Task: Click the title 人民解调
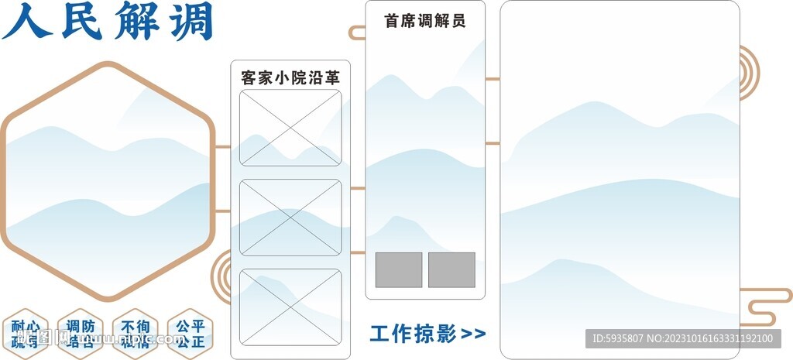pos(108,22)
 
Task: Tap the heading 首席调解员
pos(425,21)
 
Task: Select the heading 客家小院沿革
pos(290,77)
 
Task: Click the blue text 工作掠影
pos(412,334)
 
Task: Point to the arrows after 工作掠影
pos(473,334)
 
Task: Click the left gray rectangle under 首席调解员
pos(399,269)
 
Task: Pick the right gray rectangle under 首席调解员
pos(451,269)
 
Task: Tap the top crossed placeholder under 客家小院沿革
pos(290,128)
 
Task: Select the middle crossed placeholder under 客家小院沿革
pos(290,218)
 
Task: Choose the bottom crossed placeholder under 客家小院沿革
pos(290,307)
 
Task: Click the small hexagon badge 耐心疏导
pos(26,334)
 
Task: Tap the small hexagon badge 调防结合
pos(81,334)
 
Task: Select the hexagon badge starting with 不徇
pos(136,334)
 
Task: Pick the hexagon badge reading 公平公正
pos(190,334)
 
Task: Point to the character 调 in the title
pos(189,22)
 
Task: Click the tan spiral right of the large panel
pos(748,73)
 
